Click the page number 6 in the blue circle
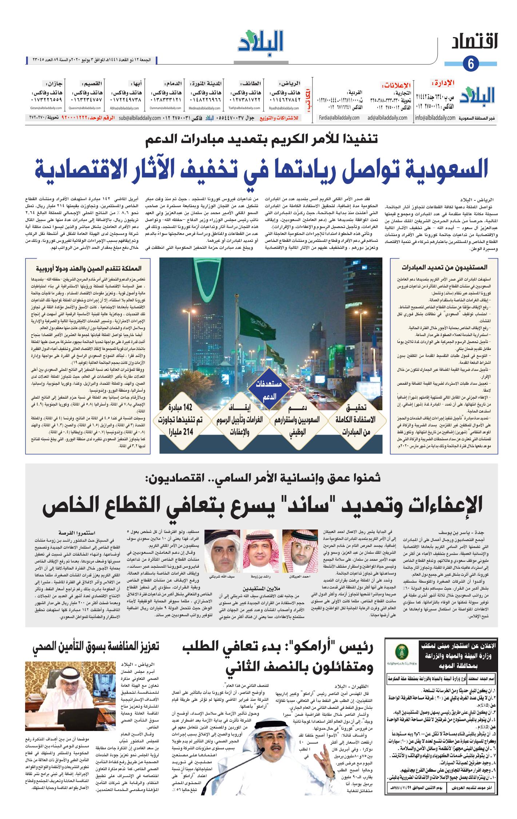pos(471,63)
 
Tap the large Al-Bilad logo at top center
pos(261,42)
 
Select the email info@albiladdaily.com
pos(435,118)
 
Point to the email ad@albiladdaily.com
pos(387,118)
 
